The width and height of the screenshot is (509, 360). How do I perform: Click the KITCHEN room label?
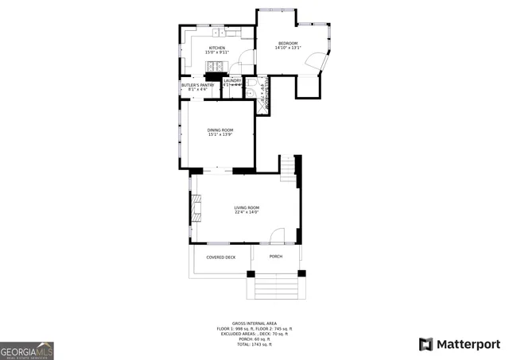point(217,48)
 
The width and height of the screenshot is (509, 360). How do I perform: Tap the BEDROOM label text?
point(287,43)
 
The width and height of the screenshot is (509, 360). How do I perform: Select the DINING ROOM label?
point(220,130)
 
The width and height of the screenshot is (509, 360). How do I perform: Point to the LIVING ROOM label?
point(247,207)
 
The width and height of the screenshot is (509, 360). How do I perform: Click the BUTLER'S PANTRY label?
point(197,85)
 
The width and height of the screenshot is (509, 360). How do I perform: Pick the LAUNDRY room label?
point(232,80)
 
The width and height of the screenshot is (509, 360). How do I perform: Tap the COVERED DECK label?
point(220,257)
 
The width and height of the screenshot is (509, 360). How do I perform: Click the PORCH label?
point(276,257)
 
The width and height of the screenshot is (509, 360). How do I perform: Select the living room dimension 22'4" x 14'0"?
point(247,212)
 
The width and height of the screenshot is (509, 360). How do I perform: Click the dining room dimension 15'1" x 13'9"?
point(220,134)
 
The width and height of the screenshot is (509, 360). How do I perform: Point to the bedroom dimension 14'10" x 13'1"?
point(287,48)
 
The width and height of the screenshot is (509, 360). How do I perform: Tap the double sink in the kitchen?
point(220,33)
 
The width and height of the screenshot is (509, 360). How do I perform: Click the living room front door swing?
point(276,236)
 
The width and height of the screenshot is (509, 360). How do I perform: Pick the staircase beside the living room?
point(287,167)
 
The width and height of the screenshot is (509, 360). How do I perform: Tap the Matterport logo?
point(460,344)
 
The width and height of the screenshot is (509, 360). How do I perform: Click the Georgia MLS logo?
point(27,350)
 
